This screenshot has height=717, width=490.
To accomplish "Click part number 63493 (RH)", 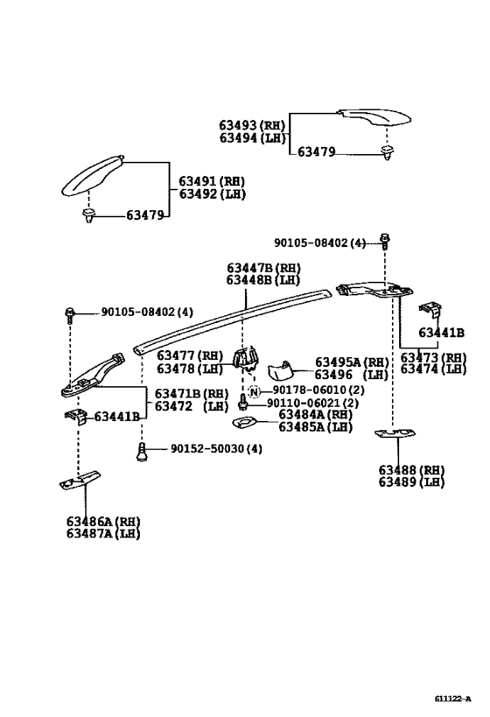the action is (252, 125).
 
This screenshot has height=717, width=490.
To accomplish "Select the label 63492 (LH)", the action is (212, 193).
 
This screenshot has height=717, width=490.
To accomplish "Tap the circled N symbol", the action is (254, 391).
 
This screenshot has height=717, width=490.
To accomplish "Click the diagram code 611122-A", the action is (452, 699).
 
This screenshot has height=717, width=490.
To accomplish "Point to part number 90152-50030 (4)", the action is (217, 448).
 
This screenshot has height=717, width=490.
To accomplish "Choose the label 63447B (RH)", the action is (263, 268).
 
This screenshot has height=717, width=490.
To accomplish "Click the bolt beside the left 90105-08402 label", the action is (70, 315).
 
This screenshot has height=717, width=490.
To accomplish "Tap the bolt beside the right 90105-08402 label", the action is (385, 241).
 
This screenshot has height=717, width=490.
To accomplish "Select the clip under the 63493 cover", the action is (388, 153).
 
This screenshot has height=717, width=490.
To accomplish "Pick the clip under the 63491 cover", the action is (88, 215).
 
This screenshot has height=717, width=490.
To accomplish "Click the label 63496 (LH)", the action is (351, 375).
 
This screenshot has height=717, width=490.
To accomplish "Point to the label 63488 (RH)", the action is (411, 470).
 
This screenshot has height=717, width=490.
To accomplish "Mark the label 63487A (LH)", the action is (103, 534).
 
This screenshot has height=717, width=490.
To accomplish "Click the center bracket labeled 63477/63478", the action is (246, 358).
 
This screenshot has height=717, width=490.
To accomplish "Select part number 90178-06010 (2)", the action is (318, 390).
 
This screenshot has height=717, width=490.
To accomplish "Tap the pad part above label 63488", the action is (395, 433).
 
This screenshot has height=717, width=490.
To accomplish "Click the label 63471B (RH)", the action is (192, 394).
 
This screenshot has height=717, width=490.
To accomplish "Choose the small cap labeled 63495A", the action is (279, 370).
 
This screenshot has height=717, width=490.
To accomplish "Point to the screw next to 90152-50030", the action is (142, 453).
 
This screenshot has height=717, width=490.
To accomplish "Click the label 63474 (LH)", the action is (433, 369).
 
